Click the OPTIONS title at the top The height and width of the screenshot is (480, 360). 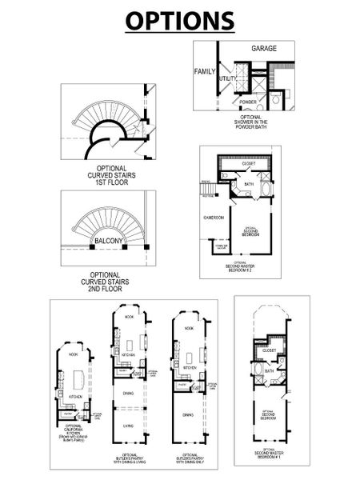[x=180, y=20]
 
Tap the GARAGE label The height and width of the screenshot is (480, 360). [x=264, y=49]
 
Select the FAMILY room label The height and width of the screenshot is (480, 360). [x=206, y=72]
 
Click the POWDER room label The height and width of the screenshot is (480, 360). [x=247, y=102]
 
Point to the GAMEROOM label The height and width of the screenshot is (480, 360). [x=214, y=217]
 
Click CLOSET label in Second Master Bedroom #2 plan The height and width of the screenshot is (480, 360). [x=248, y=162]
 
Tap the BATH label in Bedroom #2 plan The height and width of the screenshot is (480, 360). [x=249, y=184]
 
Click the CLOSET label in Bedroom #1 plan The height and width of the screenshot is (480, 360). [x=269, y=350]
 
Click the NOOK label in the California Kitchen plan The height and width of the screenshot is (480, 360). [x=73, y=354]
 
